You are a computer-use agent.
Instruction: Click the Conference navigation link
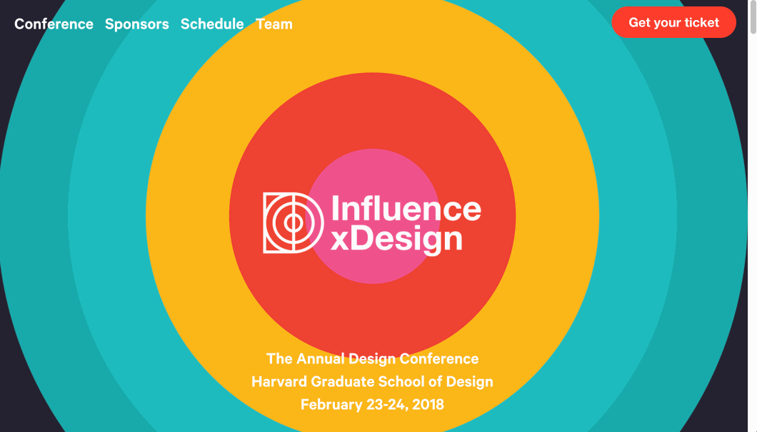(x=54, y=24)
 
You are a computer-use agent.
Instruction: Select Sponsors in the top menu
(x=136, y=24)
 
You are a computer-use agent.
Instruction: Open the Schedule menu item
(x=212, y=24)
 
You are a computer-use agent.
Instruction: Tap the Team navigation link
(x=274, y=24)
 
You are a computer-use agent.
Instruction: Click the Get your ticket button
(x=673, y=22)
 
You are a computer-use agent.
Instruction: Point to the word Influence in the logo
(x=406, y=208)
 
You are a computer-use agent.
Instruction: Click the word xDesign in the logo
(x=397, y=239)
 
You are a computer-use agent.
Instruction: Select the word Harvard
(x=279, y=381)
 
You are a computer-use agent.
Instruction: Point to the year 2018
(x=428, y=404)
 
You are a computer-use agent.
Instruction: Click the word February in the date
(x=331, y=404)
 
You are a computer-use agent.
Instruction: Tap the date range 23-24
(x=387, y=404)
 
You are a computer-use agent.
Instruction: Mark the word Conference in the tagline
(x=439, y=358)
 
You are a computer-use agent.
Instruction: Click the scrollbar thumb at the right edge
(x=752, y=17)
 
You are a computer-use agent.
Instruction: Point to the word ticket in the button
(x=701, y=22)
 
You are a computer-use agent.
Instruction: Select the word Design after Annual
(x=372, y=359)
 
